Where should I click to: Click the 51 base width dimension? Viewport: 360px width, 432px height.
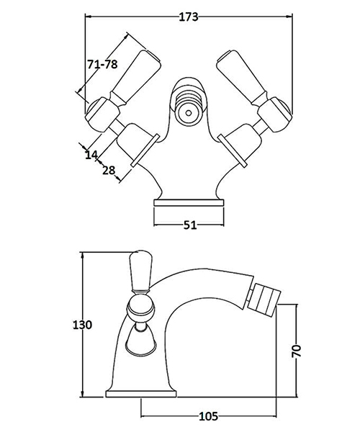coord(189,225)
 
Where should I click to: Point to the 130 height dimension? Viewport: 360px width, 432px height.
coord(84,325)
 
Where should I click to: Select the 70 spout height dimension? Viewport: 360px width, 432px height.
coord(296,350)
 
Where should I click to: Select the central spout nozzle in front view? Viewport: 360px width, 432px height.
coord(189,112)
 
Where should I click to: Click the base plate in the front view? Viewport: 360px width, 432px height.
coord(189,207)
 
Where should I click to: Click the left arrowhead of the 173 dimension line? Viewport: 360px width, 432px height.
coord(88,16)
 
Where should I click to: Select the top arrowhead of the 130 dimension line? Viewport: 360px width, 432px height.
coord(84,255)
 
